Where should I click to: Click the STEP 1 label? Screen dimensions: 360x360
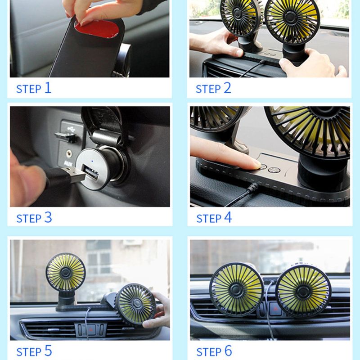[34, 88]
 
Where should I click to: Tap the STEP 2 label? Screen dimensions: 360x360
[213, 88]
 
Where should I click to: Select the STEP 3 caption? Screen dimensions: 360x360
[34, 218]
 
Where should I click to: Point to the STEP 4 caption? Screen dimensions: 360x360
[214, 218]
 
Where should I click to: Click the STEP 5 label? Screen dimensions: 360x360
[34, 351]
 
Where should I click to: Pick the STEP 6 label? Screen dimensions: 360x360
[214, 351]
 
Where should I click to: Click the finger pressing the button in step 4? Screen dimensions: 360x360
[225, 155]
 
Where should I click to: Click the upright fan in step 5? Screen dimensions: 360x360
[66, 273]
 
